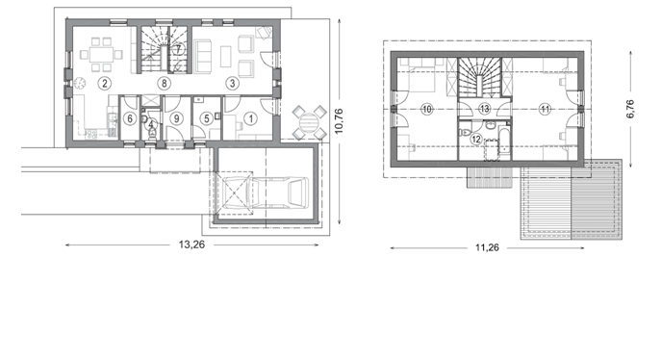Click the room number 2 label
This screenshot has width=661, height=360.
click(x=105, y=83)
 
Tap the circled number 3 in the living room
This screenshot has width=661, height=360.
click(x=232, y=83)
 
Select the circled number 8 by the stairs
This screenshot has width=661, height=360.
click(x=164, y=83)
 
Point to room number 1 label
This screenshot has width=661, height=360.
click(x=251, y=118)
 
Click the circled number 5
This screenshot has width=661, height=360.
click(x=207, y=118)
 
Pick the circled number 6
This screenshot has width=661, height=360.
click(x=130, y=118)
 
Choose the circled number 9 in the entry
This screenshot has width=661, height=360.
click(x=176, y=118)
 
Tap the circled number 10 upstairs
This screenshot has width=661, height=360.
click(x=427, y=109)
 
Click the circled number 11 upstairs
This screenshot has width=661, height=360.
click(x=546, y=109)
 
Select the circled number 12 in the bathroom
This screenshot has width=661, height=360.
click(x=476, y=140)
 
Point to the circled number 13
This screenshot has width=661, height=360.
click(x=485, y=109)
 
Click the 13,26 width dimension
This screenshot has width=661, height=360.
click(x=191, y=244)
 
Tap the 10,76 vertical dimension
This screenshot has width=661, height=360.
click(x=339, y=121)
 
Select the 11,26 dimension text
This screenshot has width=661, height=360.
click(x=487, y=247)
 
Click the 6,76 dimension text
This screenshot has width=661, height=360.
click(x=630, y=109)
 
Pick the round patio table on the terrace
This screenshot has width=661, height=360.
click(x=310, y=122)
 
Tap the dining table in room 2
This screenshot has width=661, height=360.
click(x=101, y=54)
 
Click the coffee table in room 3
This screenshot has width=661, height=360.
click(x=226, y=56)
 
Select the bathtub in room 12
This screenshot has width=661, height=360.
click(x=504, y=144)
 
